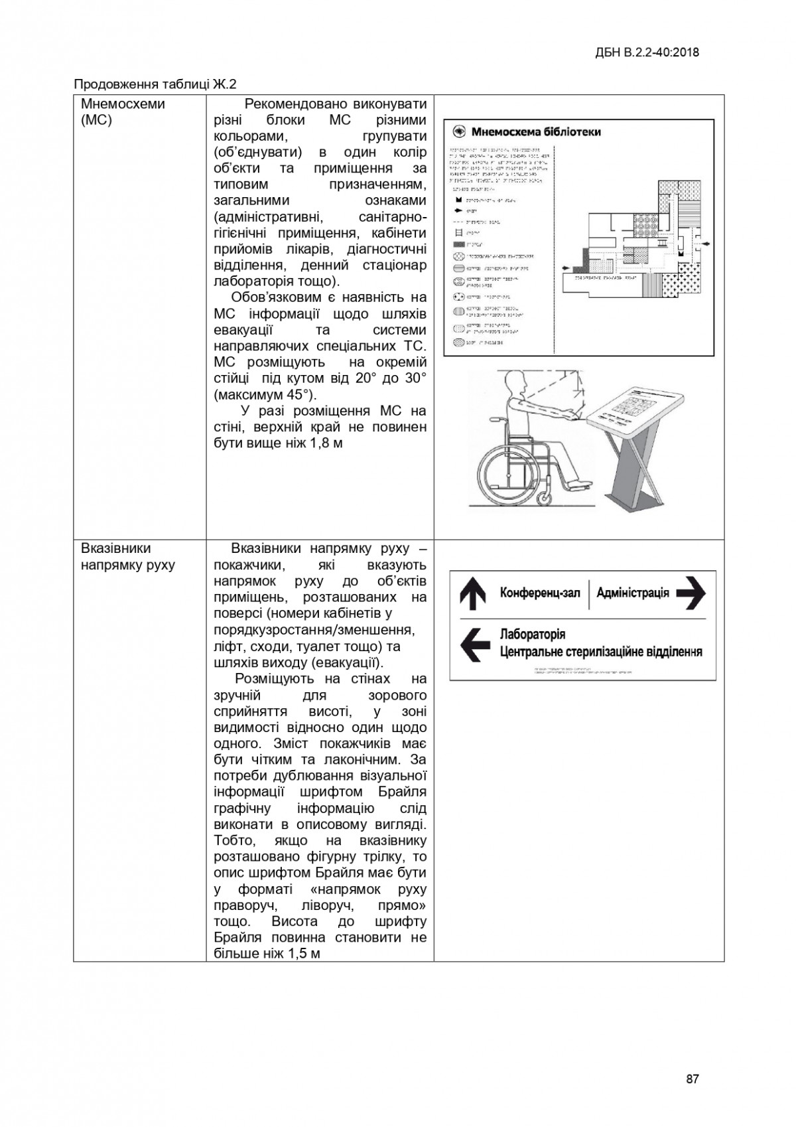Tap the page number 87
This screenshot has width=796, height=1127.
[692, 1079]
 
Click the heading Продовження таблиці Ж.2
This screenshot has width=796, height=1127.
[155, 84]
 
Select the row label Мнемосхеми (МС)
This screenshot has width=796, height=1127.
[123, 112]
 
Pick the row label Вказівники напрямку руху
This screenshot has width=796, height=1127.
[127, 557]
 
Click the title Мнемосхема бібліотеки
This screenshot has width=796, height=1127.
[536, 132]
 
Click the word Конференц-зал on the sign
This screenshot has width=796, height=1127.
[540, 593]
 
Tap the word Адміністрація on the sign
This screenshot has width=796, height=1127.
[633, 593]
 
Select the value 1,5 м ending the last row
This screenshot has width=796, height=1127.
[303, 954]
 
